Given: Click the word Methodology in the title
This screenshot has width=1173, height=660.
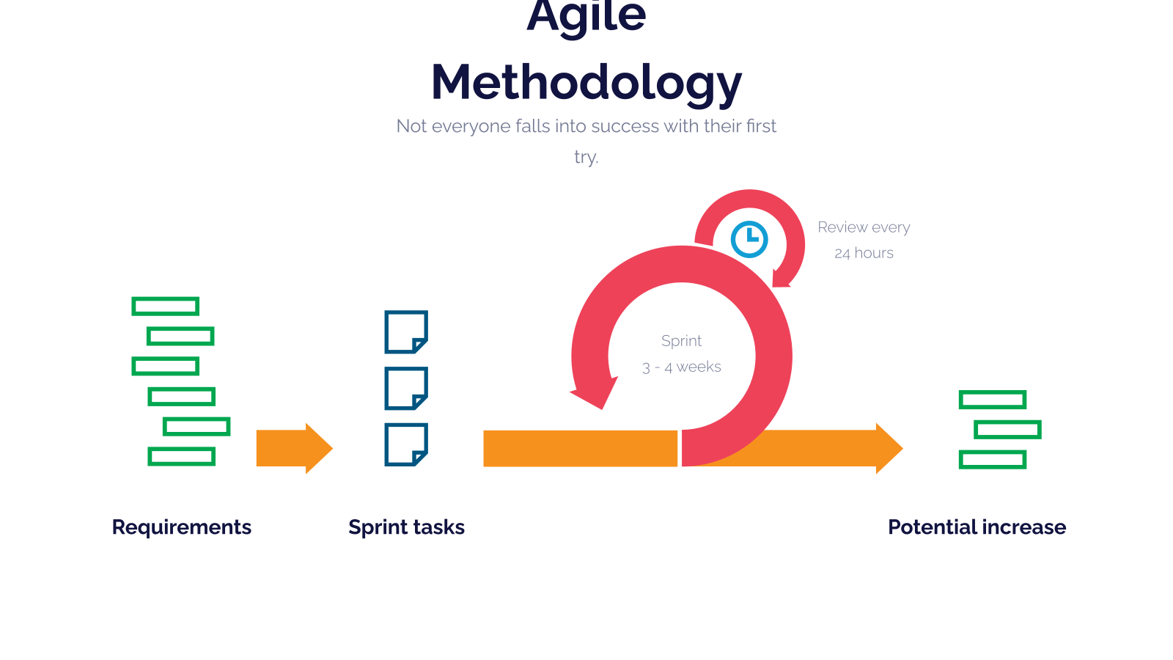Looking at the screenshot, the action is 586,84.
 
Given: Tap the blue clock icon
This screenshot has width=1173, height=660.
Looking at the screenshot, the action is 749,239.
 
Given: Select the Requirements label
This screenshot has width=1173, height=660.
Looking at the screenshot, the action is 182,527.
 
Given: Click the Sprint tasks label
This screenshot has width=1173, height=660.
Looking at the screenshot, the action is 406,527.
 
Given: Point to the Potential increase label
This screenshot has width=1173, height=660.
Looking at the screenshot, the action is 977,527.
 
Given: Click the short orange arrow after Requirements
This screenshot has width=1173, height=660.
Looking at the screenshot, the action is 294,448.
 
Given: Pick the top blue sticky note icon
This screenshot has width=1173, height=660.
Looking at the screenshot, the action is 406,332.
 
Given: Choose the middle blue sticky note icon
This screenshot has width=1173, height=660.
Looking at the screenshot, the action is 406,388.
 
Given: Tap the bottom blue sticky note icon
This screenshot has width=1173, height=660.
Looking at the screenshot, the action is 406,444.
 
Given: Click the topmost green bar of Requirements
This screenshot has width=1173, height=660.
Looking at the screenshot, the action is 166,307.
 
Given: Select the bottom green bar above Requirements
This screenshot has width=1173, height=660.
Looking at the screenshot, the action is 182,457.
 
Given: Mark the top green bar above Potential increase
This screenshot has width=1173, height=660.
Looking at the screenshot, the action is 993,400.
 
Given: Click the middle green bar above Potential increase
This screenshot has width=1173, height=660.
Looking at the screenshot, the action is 1008,430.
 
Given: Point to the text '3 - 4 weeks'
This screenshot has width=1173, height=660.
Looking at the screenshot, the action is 681,367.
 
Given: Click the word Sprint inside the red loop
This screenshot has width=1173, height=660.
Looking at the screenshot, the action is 681,341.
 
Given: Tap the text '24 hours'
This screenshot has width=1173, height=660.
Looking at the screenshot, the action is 864,254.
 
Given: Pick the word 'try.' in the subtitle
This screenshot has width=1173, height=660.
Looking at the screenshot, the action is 586,157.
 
